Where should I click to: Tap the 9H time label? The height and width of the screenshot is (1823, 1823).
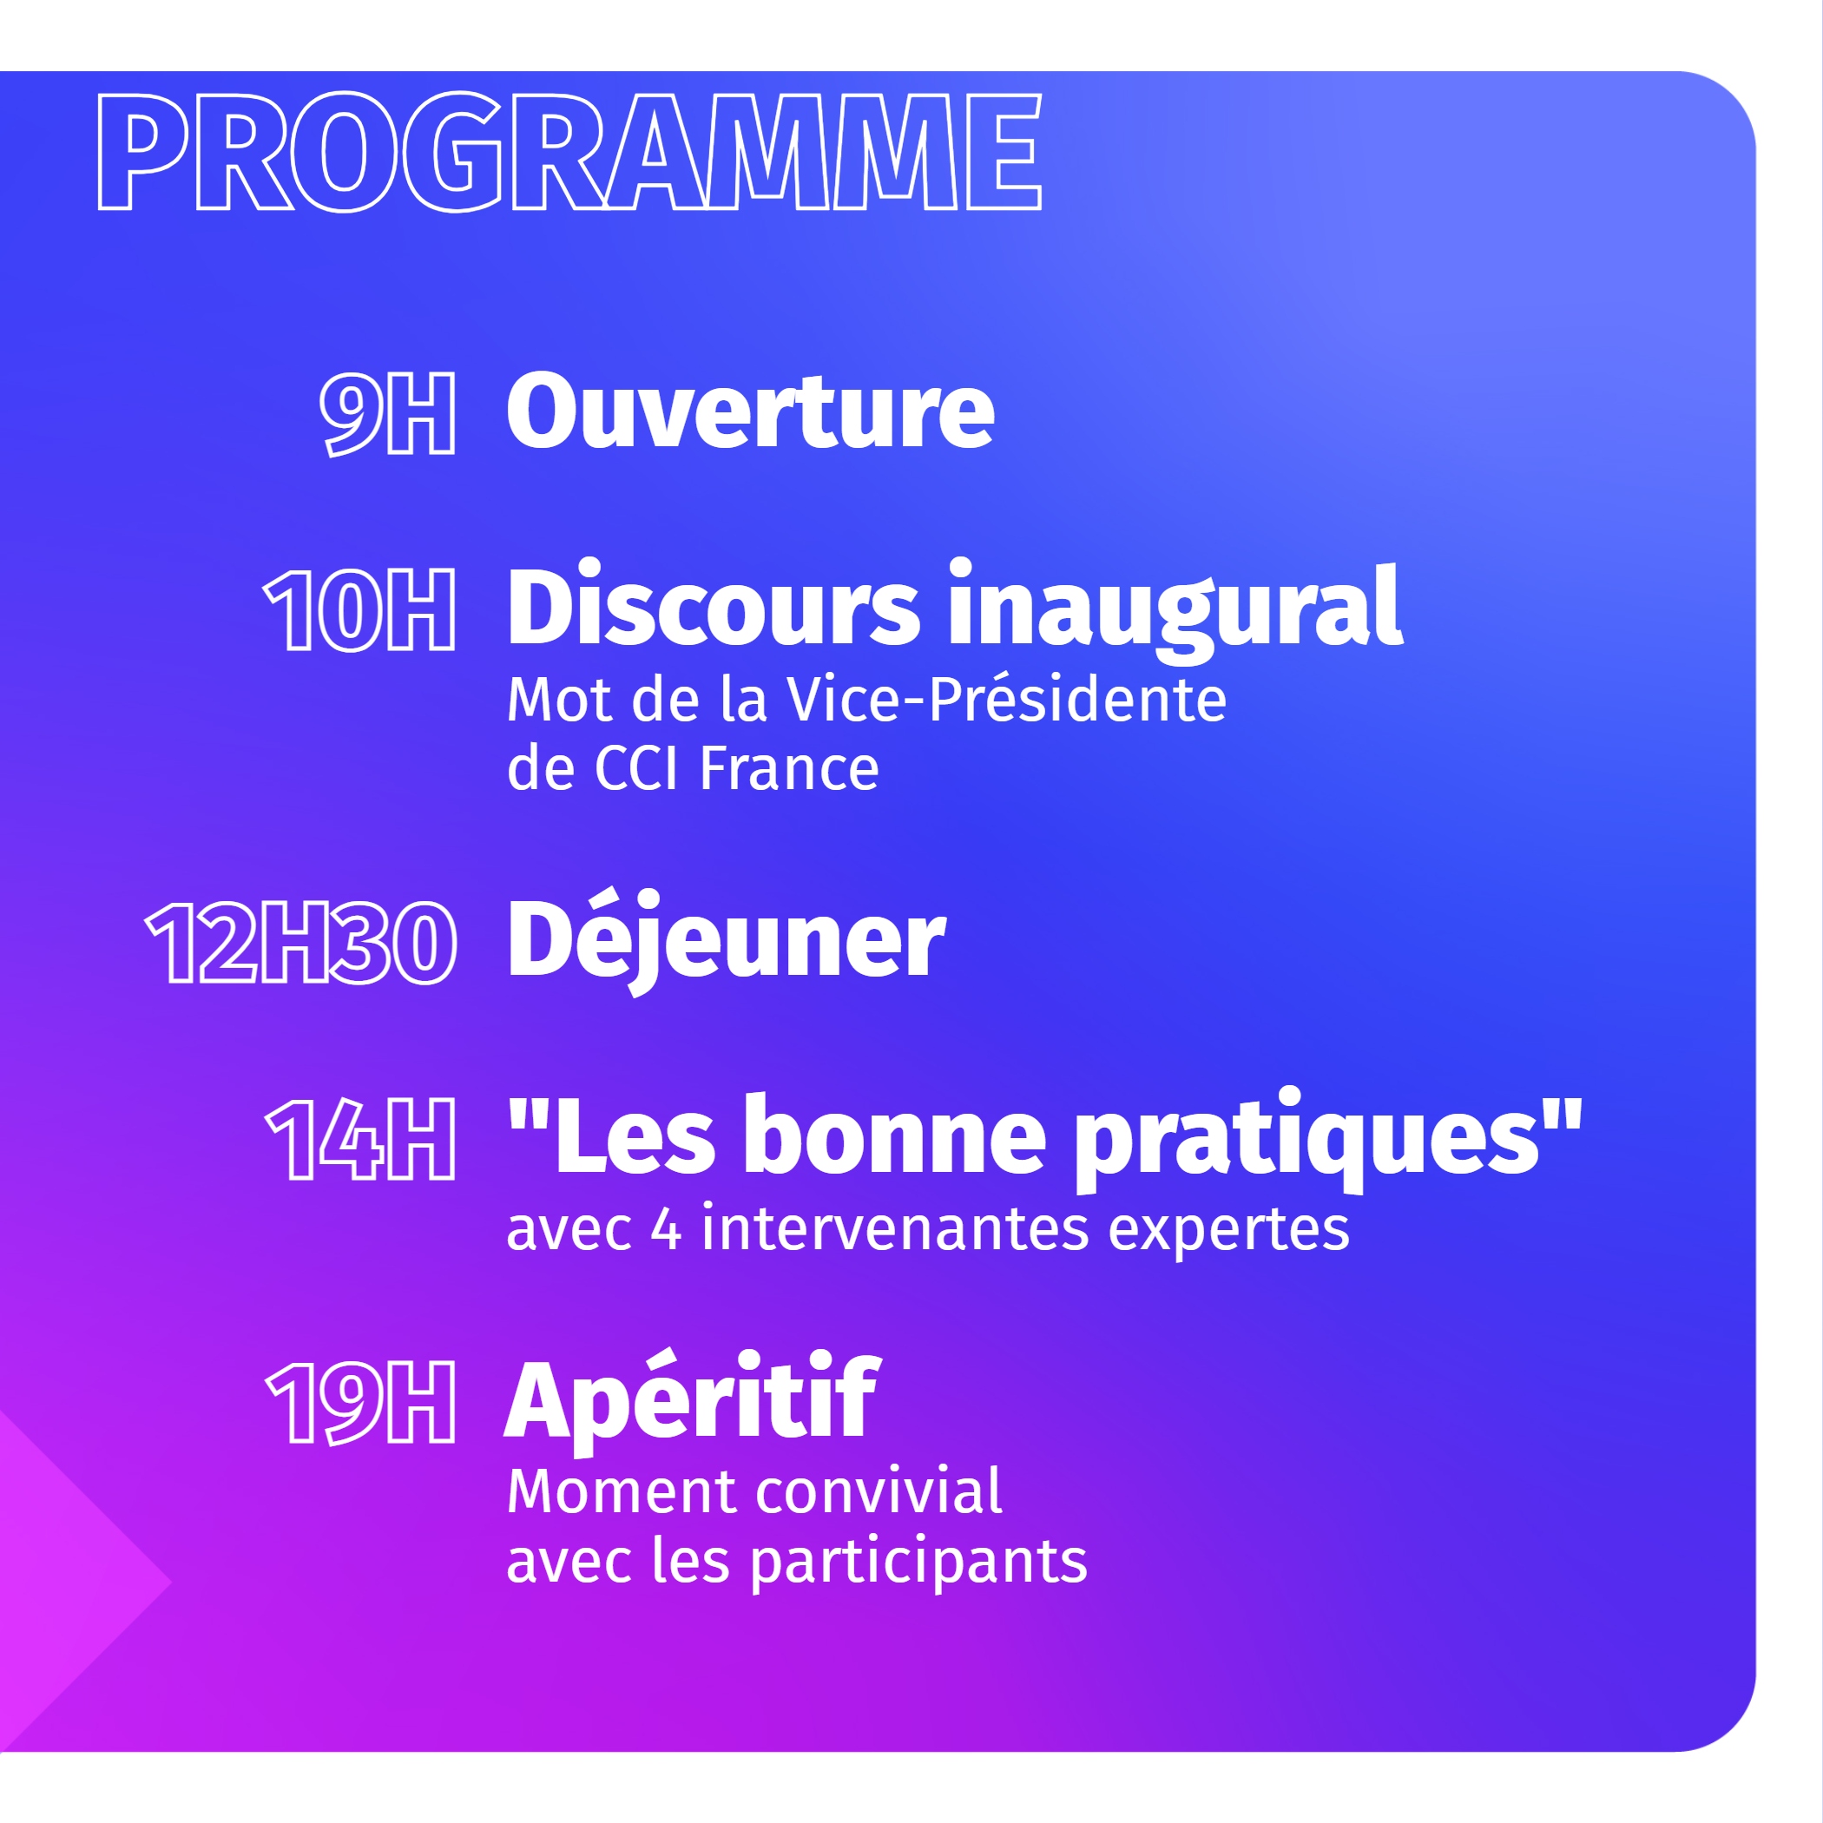coord(388,413)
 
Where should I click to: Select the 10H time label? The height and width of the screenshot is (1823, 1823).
coord(360,610)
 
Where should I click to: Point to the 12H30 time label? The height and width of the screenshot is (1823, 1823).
coord(302,943)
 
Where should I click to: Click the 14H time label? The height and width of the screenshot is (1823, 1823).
coord(361,1140)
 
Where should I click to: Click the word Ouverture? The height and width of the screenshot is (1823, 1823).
coord(750,411)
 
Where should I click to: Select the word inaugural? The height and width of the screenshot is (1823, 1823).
coord(1175,611)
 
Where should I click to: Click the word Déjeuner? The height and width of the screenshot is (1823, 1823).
coord(727,941)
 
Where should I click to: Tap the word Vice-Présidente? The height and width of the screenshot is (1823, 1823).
coord(1007,701)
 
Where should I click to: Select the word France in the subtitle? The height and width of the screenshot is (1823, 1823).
coord(789,768)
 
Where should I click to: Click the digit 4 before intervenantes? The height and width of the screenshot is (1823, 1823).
coord(666,1230)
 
